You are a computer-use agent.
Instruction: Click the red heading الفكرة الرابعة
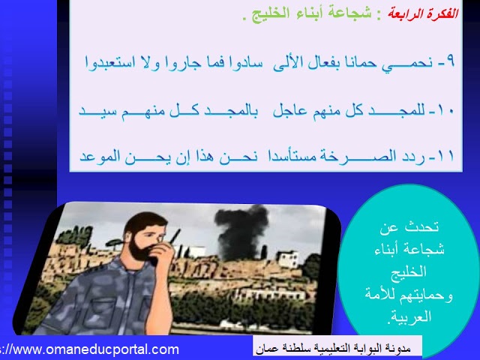pyautogui.click(x=423, y=13)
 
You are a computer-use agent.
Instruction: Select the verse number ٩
pyautogui.click(x=450, y=61)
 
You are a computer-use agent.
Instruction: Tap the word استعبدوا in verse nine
pyautogui.click(x=109, y=62)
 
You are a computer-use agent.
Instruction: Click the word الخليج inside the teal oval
pyautogui.click(x=408, y=271)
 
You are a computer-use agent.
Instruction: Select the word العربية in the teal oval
pyautogui.click(x=409, y=316)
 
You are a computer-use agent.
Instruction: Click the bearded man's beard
pyautogui.click(x=140, y=250)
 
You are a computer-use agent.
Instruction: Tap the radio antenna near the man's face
pyautogui.click(x=175, y=236)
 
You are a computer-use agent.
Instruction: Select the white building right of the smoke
pyautogui.click(x=287, y=259)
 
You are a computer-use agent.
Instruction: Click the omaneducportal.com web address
pyautogui.click(x=89, y=349)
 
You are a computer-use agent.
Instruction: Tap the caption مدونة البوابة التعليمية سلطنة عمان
pyautogui.click(x=333, y=348)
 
